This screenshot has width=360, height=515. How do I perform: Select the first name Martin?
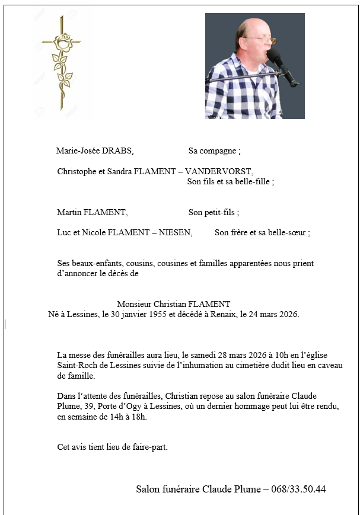[x=69, y=212]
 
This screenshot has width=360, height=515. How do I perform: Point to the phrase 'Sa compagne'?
[x=213, y=151]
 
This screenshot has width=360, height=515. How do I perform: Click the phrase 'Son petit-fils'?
[x=212, y=212]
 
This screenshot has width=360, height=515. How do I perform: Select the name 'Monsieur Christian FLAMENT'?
[x=173, y=304]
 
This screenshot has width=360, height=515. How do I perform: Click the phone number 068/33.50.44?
[x=298, y=489]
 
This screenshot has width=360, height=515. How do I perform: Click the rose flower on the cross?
[x=63, y=41]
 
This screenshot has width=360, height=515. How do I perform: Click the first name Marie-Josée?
[x=77, y=151]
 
